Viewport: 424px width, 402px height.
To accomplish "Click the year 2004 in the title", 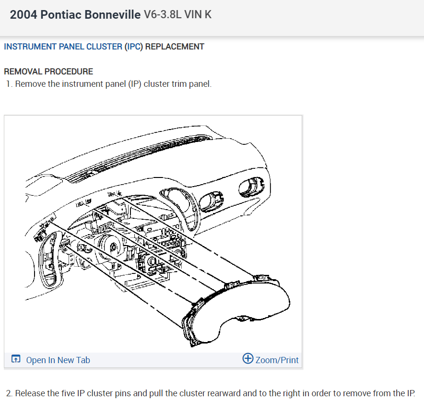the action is [x=23, y=14].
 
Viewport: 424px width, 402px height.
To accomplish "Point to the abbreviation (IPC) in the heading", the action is [x=134, y=47].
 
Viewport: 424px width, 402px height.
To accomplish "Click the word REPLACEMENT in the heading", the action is [x=175, y=47].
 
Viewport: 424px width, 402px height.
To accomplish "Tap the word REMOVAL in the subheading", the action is [x=23, y=71].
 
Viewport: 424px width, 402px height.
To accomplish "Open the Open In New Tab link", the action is [x=58, y=360].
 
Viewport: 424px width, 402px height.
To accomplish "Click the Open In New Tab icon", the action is [x=16, y=359].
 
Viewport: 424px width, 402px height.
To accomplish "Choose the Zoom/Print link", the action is [x=277, y=360].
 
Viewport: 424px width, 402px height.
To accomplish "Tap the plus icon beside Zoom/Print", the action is [x=248, y=359].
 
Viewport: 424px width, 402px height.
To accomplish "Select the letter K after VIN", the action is [x=208, y=14].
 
